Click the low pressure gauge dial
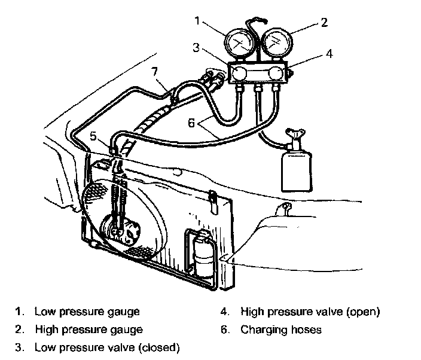tap(240, 44)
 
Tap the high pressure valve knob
tap(276, 74)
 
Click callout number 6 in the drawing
tap(191, 123)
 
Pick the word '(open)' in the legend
tap(363, 312)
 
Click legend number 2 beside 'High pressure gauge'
tap(20, 330)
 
